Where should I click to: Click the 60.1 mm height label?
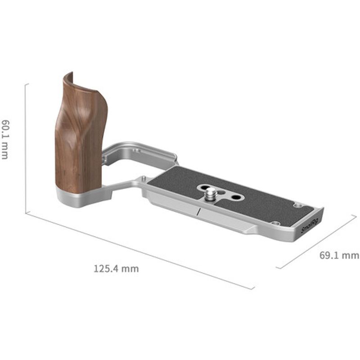[x=5, y=139]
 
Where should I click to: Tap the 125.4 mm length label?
[x=116, y=269]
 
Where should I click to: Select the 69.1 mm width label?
[x=339, y=256]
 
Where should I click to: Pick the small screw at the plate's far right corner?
[x=297, y=205]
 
